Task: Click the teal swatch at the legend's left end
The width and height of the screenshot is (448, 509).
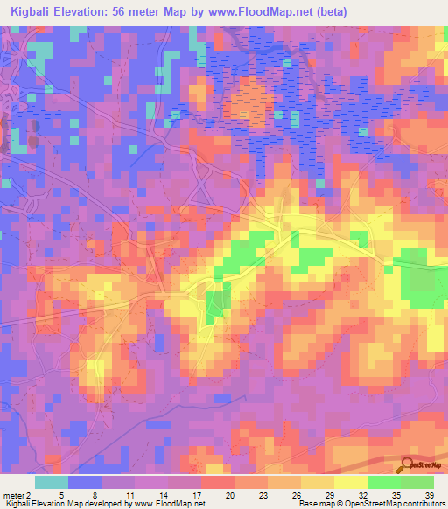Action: (x=52, y=481)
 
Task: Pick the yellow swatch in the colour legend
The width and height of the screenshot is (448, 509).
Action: (x=350, y=481)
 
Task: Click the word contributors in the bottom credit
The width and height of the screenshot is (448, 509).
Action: (x=423, y=503)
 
